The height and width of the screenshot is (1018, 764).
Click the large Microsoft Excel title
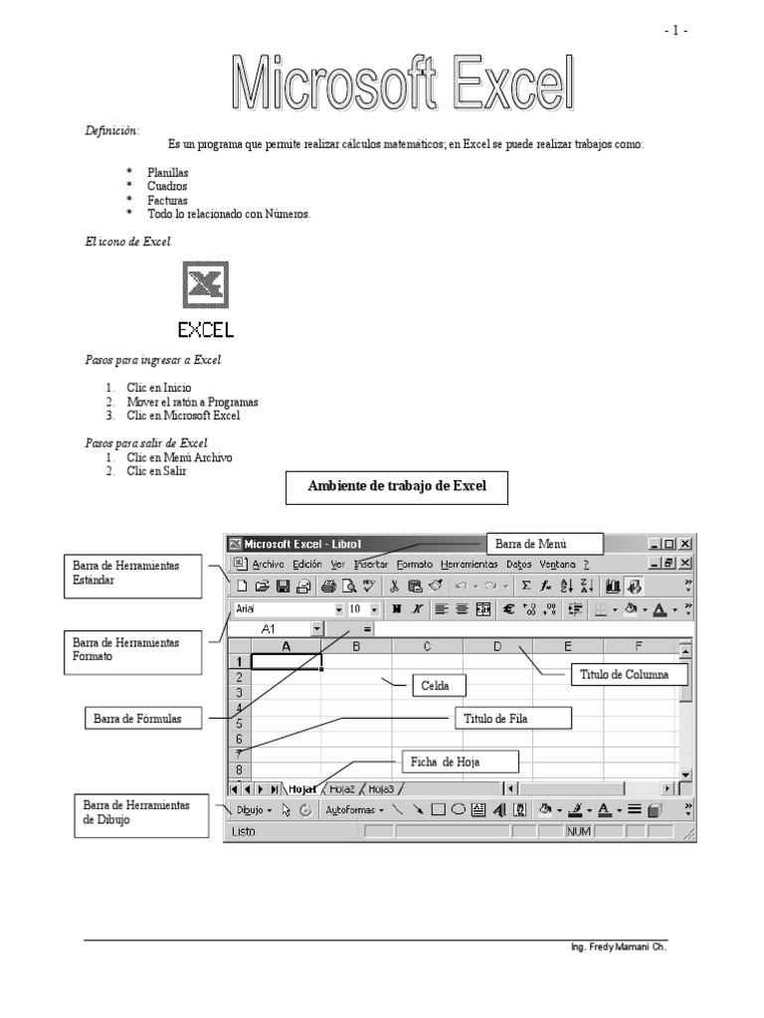tap(404, 83)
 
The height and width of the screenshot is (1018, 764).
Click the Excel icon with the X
tap(206, 285)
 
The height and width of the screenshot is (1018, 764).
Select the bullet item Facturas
tap(167, 200)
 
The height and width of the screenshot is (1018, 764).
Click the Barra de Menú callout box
tap(544, 544)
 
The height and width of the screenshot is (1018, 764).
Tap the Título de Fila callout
tap(513, 718)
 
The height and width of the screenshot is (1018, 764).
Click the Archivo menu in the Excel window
tap(268, 564)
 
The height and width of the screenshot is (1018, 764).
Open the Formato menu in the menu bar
tap(415, 564)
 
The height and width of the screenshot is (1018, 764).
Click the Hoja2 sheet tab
tap(342, 788)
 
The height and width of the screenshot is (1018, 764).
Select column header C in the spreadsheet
tap(427, 647)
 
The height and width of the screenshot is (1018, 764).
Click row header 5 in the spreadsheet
tap(239, 724)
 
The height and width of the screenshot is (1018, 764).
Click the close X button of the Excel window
tap(684, 544)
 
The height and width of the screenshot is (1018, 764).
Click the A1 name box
tap(269, 629)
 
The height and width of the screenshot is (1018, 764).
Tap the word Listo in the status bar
tap(245, 830)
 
